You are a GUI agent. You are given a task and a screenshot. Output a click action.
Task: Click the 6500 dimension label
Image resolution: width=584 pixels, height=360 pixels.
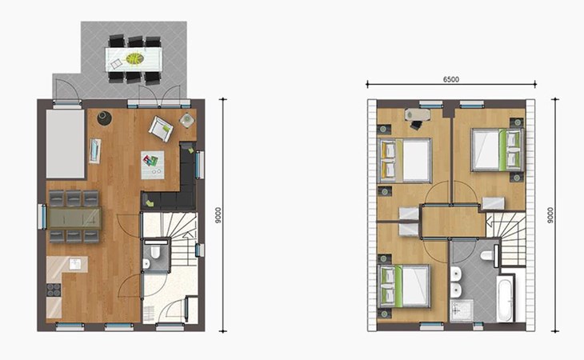[450, 79]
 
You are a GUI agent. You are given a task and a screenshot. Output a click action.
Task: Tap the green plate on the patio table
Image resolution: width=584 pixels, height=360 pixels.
[134, 59]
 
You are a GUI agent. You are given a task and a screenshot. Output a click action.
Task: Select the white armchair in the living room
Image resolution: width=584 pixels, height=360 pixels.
[161, 129]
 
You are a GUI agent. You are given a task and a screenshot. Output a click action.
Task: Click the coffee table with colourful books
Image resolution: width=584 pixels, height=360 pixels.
[153, 165]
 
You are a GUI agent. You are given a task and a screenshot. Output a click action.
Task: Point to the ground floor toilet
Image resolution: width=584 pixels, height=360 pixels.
[155, 250]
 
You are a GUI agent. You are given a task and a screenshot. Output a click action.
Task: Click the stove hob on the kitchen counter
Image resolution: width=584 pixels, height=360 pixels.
[54, 290]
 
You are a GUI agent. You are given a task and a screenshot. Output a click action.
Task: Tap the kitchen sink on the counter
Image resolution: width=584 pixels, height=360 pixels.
[75, 263]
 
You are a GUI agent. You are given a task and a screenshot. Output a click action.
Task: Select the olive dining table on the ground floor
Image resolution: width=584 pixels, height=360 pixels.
[74, 218]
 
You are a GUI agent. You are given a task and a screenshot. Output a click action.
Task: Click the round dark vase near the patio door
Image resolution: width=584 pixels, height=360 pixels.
[104, 118]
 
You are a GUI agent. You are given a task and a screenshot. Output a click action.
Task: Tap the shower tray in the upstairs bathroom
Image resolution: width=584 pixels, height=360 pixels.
[461, 310]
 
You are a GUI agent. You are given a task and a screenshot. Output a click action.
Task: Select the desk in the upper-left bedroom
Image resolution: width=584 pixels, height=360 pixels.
[418, 114]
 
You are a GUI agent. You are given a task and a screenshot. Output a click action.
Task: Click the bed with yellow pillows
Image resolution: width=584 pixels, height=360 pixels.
[405, 161]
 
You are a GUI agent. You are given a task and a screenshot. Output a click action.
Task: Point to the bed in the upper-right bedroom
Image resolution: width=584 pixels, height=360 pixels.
[498, 150]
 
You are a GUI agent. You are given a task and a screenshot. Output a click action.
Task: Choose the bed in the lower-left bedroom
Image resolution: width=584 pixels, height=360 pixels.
[404, 286]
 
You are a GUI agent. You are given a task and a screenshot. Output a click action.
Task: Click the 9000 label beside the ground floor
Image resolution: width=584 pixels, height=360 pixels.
[218, 215]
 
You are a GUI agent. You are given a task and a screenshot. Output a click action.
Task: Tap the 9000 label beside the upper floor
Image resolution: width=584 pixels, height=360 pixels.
[550, 215]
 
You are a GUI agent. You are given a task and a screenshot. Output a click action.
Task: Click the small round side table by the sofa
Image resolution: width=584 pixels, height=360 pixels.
[187, 120]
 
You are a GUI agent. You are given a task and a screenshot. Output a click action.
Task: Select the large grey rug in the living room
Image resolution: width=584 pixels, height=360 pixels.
[66, 144]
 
